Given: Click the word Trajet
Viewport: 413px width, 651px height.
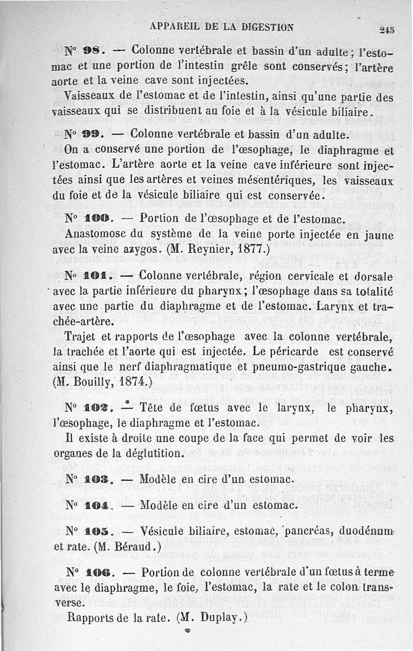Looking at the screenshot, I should point(83,338).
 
